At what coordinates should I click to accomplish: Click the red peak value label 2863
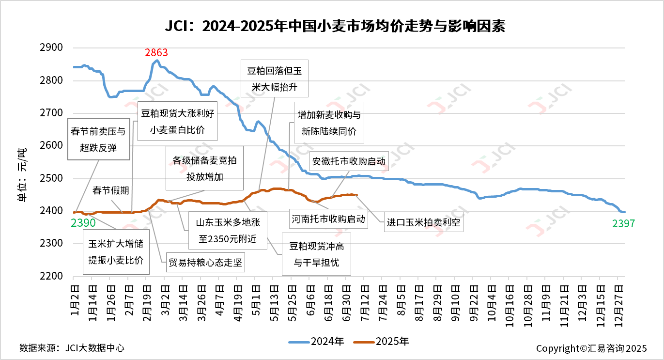[156, 52]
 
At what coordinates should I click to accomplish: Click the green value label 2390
[83, 223]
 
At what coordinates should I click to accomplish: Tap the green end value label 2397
[622, 223]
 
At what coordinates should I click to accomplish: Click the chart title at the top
[335, 26]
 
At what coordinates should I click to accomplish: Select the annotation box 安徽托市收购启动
[349, 161]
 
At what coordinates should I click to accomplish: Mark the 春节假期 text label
[111, 190]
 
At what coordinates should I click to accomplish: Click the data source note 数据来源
[72, 348]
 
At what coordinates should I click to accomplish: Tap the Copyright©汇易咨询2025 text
[591, 348]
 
